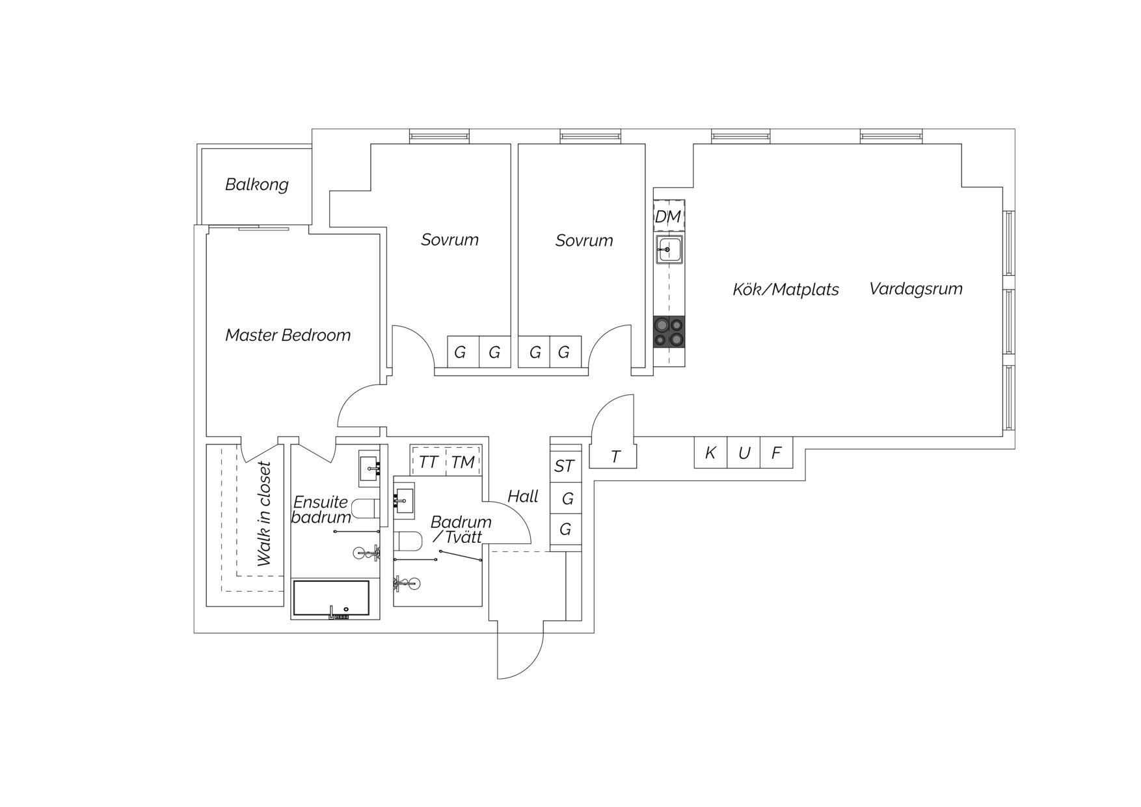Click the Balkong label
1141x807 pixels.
point(256,185)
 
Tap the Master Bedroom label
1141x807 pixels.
point(288,335)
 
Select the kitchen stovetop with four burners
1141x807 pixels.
point(669,332)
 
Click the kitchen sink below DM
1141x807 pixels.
point(669,249)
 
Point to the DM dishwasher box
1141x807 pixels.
point(669,216)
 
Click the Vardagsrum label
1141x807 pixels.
point(915,289)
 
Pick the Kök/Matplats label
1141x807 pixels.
point(785,290)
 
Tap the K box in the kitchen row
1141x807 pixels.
point(710,452)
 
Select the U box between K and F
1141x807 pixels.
point(744,452)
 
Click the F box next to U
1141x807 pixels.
point(777,452)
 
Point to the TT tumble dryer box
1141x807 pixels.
point(428,462)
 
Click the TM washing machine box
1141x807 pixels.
point(463,462)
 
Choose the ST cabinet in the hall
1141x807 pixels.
point(565,466)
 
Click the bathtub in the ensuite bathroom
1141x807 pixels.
point(331,598)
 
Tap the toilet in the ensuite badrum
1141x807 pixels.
point(365,508)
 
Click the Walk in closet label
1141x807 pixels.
point(264,514)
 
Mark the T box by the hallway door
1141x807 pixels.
point(615,457)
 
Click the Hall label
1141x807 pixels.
point(522,497)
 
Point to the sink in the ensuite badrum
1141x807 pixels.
point(369,468)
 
